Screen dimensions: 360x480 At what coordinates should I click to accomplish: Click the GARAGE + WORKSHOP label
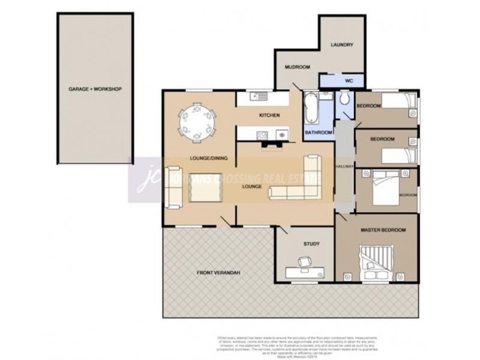point(95,89)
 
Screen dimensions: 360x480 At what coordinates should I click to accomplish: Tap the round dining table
point(197,123)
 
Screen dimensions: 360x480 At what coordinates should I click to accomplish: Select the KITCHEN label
point(269,115)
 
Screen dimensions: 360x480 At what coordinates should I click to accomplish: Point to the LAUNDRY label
point(342,45)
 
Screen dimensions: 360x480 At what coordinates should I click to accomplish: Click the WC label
point(349,80)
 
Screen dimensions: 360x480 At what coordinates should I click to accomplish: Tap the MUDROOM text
point(297,67)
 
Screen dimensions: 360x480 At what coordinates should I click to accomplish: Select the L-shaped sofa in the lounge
point(300,183)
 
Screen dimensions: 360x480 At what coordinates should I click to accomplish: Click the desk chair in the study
point(305,262)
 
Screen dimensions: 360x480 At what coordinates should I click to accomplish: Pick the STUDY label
point(311,244)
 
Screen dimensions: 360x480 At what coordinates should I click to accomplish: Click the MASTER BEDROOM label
point(383,230)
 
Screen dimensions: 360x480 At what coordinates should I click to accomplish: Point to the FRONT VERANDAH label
point(219,273)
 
